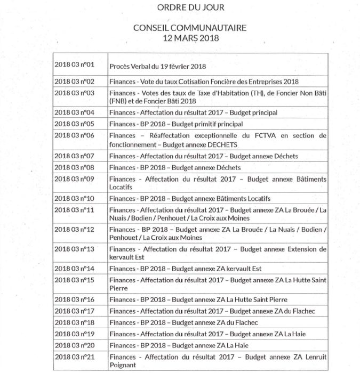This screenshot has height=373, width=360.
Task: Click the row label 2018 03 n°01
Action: point(75,65)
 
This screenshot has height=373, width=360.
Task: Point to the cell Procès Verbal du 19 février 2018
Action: point(157,67)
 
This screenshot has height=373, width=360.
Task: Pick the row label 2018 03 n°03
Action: point(75,93)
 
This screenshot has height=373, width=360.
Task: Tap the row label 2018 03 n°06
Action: point(75,135)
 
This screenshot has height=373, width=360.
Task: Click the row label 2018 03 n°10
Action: point(75,198)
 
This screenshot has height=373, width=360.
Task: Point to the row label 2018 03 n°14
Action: point(75,269)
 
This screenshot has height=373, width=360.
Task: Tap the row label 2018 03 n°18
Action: point(75,322)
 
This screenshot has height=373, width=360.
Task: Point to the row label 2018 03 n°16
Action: point(75,299)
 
